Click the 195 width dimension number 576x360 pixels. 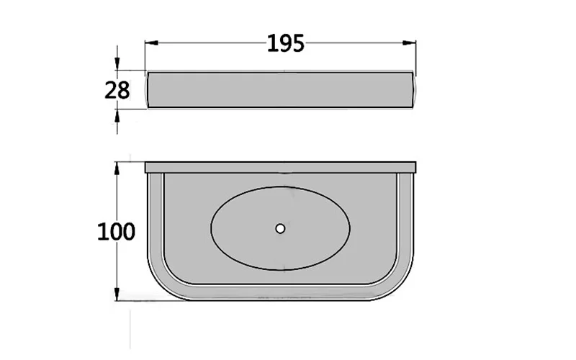[x=285, y=43]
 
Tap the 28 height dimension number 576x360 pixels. [x=117, y=90]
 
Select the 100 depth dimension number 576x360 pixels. [x=116, y=231]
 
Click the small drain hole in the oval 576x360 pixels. [x=280, y=228]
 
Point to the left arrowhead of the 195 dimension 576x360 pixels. [x=152, y=43]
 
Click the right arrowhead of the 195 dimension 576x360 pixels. [x=409, y=43]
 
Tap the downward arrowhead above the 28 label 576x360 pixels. [x=117, y=63]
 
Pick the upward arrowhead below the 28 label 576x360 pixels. [x=117, y=116]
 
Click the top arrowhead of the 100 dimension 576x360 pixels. [x=117, y=168]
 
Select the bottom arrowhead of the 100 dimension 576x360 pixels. [x=117, y=294]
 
